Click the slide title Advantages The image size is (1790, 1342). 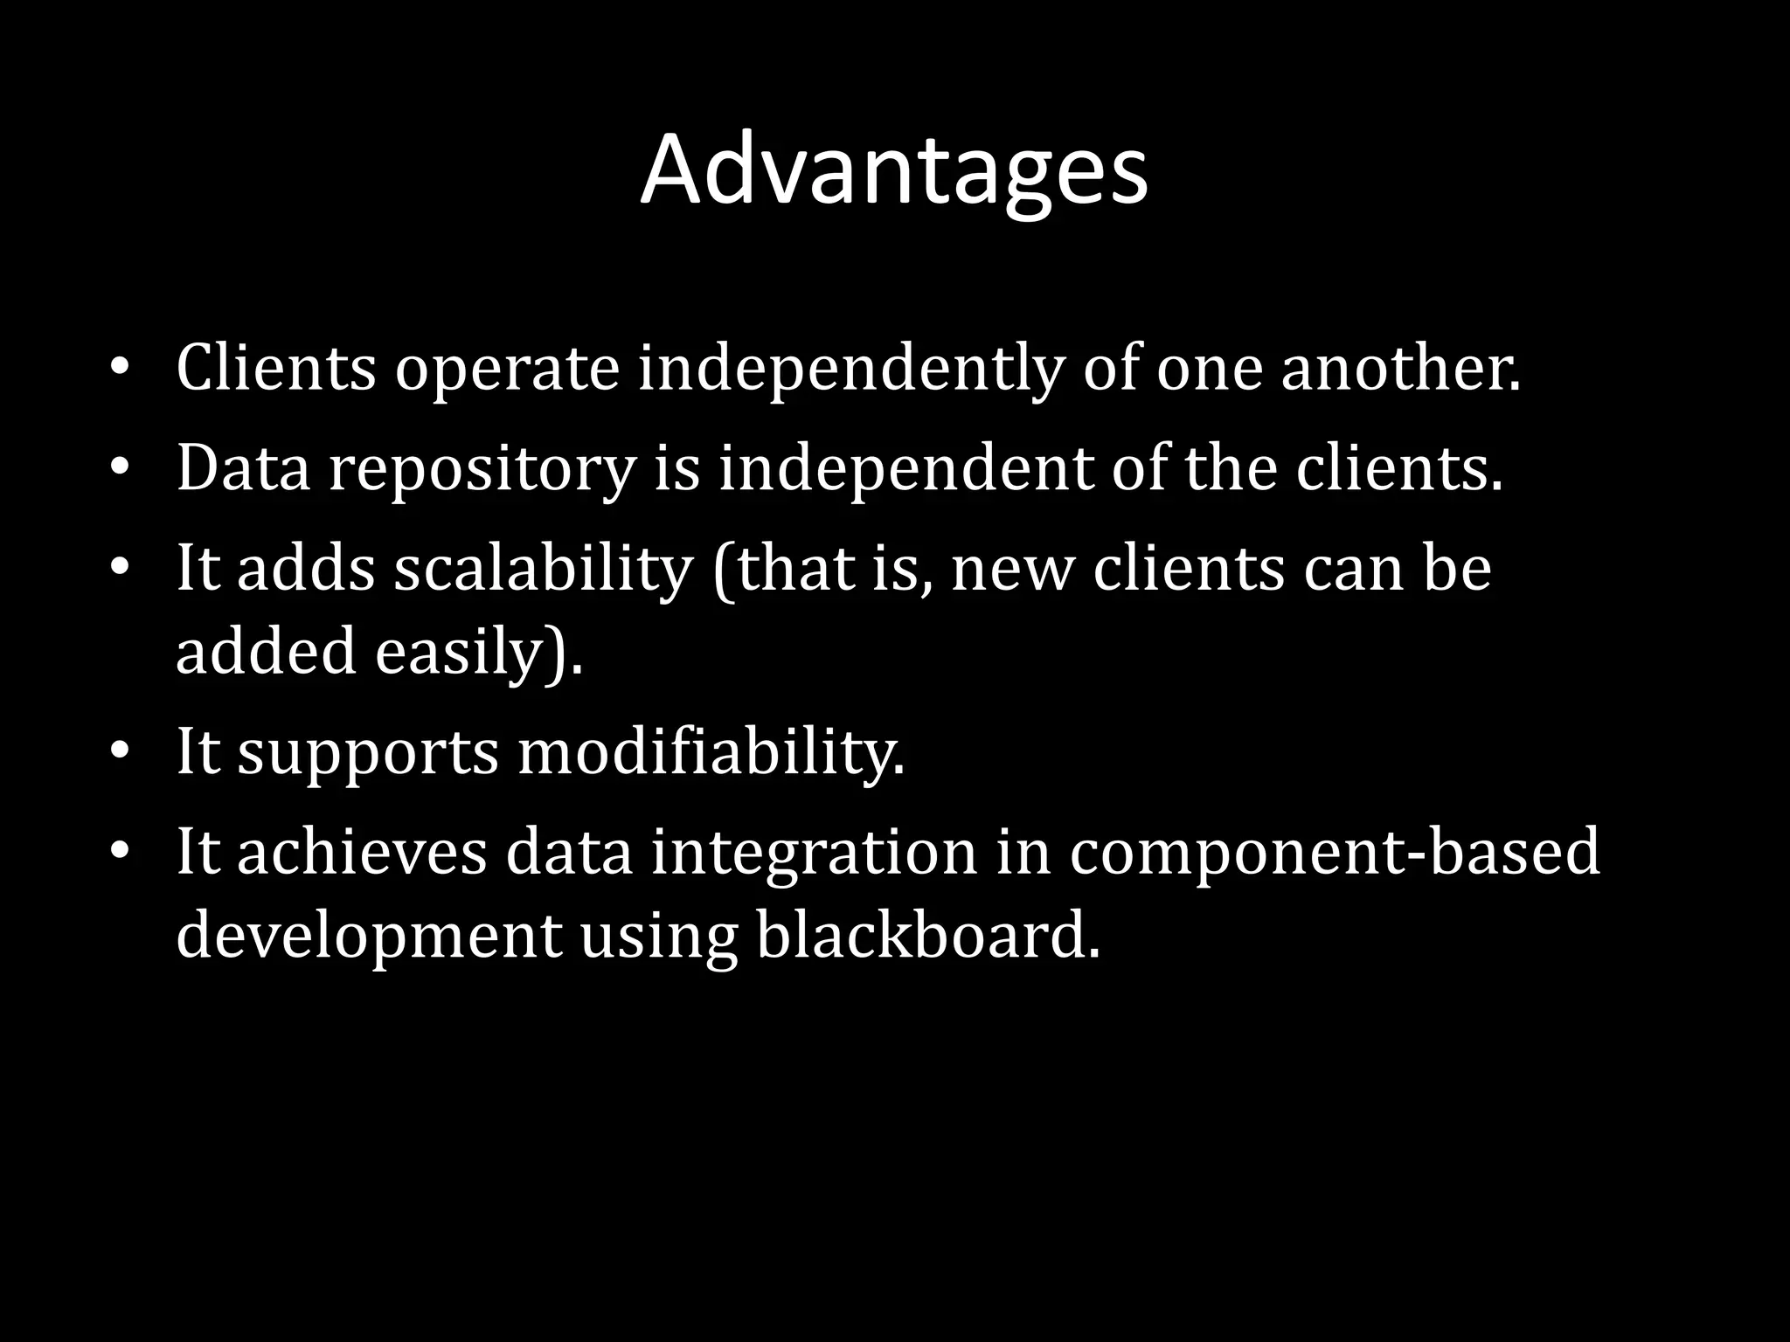pyautogui.click(x=893, y=170)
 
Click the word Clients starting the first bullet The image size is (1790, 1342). pyautogui.click(x=275, y=368)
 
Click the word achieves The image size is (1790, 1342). pyautogui.click(x=362, y=853)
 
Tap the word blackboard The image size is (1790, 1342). pyautogui.click(x=927, y=935)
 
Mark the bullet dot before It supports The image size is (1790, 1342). pyautogui.click(x=120, y=751)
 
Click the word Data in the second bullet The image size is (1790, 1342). pyautogui.click(x=244, y=468)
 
